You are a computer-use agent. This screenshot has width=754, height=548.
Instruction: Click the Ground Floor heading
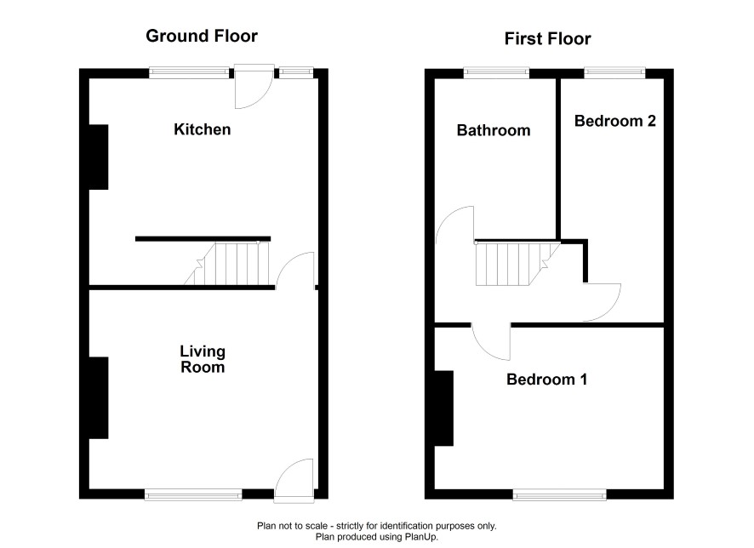(x=202, y=36)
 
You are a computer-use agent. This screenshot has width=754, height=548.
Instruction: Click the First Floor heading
(x=547, y=38)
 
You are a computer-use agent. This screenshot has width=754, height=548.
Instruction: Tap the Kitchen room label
(x=202, y=129)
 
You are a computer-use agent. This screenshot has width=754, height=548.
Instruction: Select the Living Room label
(x=203, y=359)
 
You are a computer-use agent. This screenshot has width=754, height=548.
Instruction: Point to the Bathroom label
(x=494, y=130)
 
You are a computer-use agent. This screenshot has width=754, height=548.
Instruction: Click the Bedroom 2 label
(x=615, y=121)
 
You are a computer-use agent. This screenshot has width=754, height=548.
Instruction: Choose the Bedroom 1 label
(x=546, y=380)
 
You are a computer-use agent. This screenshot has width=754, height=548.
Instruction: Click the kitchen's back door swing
(x=254, y=87)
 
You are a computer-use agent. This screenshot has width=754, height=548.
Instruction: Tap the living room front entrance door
(x=294, y=481)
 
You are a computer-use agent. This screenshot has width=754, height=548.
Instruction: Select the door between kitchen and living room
(x=294, y=270)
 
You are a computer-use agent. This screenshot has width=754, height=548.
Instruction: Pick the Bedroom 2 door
(x=602, y=302)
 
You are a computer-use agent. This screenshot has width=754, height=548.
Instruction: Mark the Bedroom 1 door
(x=490, y=342)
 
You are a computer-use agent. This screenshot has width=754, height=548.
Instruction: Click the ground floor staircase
(x=226, y=264)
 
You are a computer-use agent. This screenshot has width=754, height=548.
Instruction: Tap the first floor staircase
(x=518, y=264)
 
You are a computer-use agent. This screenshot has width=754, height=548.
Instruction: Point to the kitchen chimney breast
(x=99, y=157)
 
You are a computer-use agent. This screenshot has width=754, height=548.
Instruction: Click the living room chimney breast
(x=99, y=397)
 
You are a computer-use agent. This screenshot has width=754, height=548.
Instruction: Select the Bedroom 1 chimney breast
(x=444, y=408)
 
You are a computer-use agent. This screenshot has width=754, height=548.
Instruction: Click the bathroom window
(x=496, y=73)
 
